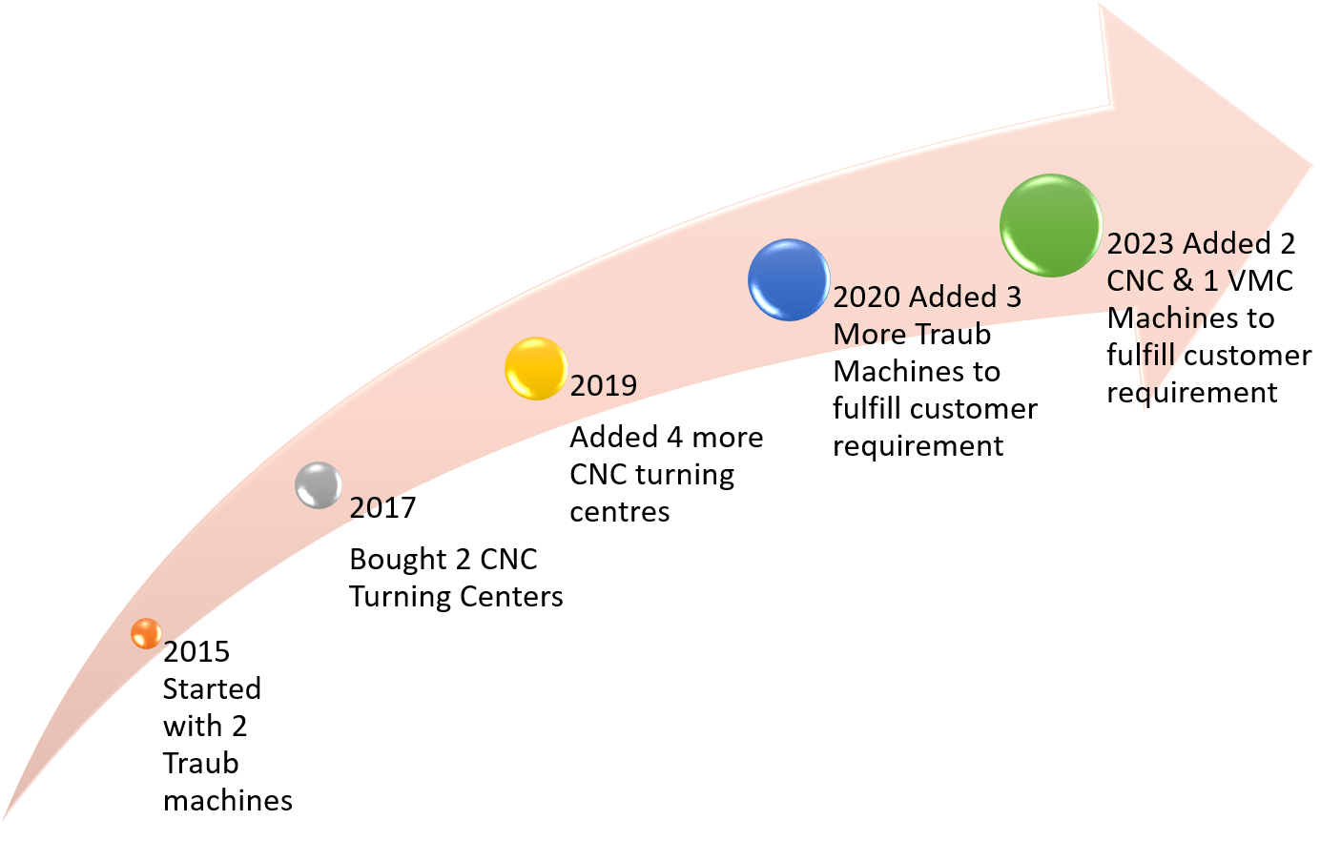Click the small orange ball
[146, 633]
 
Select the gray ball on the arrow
[319, 485]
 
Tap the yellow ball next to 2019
[536, 368]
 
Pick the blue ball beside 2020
[789, 279]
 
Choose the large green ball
[1051, 226]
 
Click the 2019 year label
[604, 385]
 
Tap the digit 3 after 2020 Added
[1013, 297]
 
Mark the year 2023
[1140, 244]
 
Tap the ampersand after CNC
[1185, 280]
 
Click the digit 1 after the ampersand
[1210, 280]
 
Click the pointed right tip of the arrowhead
[1311, 166]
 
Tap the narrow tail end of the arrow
[8, 815]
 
